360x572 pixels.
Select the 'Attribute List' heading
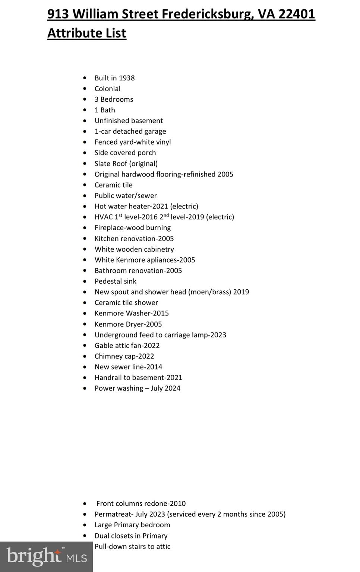tap(87, 33)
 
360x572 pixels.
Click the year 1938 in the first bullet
tap(127, 78)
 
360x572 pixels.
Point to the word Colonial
tap(107, 89)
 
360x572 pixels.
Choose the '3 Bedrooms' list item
tap(114, 99)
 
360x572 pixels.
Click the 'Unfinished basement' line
tap(129, 121)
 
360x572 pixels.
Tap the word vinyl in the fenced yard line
tap(163, 142)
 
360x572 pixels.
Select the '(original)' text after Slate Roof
tap(143, 163)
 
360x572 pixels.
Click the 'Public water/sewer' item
tap(126, 196)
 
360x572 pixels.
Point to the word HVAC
tap(104, 217)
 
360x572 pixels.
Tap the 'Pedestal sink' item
tap(116, 281)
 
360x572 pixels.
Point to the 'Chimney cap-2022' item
tap(124, 356)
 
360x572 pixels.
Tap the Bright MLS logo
tap(47, 557)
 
